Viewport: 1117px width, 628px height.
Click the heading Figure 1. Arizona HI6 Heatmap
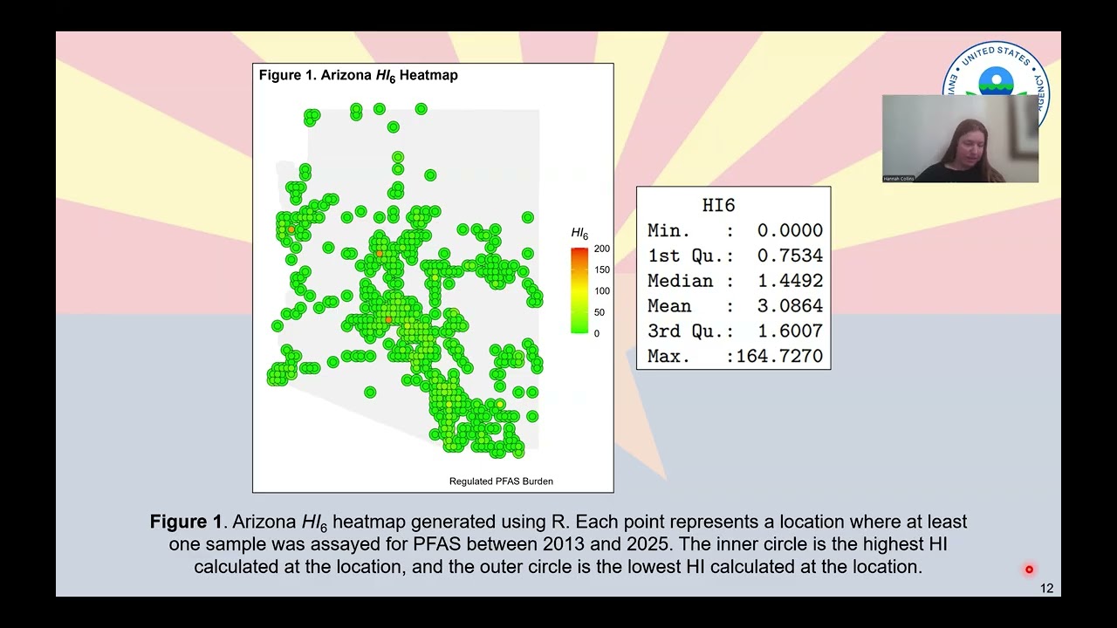click(x=358, y=75)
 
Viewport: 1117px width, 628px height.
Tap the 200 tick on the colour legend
click(x=602, y=249)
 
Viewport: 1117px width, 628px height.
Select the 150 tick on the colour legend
click(x=602, y=270)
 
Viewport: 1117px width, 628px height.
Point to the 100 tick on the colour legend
click(x=602, y=291)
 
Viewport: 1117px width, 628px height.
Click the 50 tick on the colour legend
click(x=600, y=312)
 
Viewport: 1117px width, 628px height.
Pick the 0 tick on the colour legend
click(x=597, y=333)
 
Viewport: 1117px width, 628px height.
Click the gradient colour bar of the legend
click(x=579, y=290)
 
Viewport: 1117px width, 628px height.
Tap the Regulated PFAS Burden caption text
click(x=501, y=481)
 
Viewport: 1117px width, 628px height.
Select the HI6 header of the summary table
click(x=718, y=206)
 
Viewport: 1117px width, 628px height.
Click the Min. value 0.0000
click(x=789, y=231)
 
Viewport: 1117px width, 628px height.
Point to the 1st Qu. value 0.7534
click(x=789, y=256)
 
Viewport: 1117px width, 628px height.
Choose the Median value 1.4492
click(x=789, y=282)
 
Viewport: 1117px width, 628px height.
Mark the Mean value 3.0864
click(x=789, y=307)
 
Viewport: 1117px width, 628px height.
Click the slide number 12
click(x=1046, y=589)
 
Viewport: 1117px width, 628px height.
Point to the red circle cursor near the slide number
click(x=1029, y=570)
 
